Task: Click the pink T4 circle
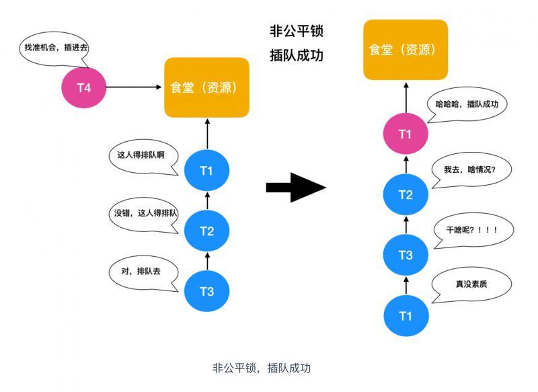[x=84, y=88]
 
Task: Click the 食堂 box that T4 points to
[x=207, y=87]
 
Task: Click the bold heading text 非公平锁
[x=297, y=32]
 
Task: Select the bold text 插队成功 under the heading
[x=297, y=55]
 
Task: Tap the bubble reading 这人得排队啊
[x=141, y=155]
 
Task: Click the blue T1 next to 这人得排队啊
[x=206, y=171]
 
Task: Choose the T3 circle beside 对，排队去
[x=206, y=291]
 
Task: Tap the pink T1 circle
[x=405, y=134]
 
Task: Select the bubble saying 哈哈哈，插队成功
[x=467, y=105]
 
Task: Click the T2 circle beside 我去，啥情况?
[x=405, y=195]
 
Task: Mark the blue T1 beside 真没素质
[x=405, y=316]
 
